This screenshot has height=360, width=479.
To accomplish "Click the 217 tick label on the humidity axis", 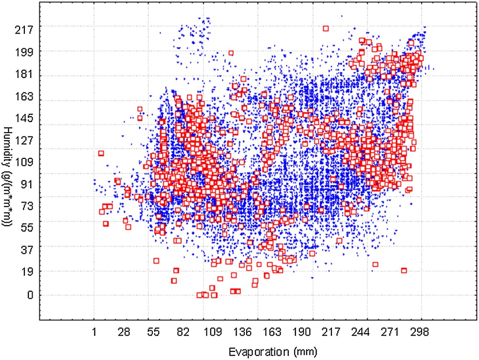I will click(23, 30).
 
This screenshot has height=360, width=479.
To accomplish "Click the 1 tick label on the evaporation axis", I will click(94, 331).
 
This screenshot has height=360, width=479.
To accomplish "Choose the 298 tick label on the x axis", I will click(422, 331).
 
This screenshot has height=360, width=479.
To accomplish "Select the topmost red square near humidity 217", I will click(326, 29).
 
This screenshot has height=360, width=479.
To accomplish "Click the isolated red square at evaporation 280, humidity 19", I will click(404, 270).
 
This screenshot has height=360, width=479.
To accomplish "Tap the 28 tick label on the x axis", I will click(125, 331).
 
